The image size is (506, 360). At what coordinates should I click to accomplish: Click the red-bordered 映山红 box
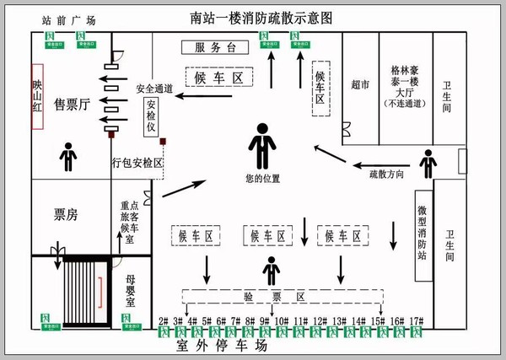(37, 96)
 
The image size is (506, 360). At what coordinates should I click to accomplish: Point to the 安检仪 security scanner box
(152, 116)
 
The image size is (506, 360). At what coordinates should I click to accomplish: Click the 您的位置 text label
(262, 179)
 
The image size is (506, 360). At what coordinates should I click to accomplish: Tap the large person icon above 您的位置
(262, 146)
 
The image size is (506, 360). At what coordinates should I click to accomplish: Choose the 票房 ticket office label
(66, 215)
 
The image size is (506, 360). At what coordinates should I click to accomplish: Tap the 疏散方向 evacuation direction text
(387, 174)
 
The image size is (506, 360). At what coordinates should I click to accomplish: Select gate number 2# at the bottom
(164, 320)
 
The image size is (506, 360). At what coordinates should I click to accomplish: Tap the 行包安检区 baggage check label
(137, 163)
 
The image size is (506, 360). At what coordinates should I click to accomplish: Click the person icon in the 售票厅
(67, 156)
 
